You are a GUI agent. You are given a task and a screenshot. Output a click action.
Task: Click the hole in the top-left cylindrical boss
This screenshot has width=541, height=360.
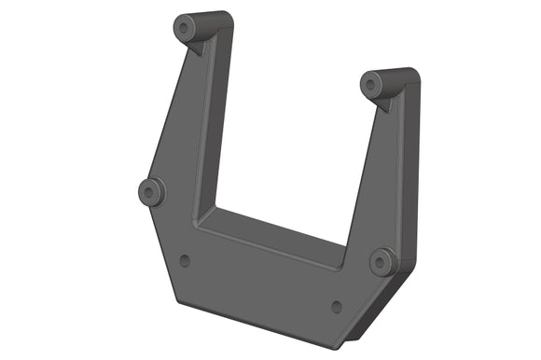pos(186,28)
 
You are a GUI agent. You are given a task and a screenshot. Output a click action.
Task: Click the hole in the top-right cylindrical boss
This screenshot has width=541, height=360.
pos(371,85)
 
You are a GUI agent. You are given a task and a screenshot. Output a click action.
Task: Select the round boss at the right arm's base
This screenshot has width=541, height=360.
pos(382,261)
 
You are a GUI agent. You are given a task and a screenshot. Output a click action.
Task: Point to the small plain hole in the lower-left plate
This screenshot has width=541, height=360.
pos(185,260)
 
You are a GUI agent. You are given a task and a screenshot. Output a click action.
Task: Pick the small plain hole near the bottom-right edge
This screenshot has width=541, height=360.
pos(337,306)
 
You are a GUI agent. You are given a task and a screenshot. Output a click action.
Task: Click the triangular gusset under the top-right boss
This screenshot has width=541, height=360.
pos(383,102)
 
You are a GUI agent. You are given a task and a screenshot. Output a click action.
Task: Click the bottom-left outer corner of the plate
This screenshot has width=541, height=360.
pos(175,301)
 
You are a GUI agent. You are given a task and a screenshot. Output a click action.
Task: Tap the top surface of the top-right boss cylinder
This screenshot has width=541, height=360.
pos(395,74)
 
